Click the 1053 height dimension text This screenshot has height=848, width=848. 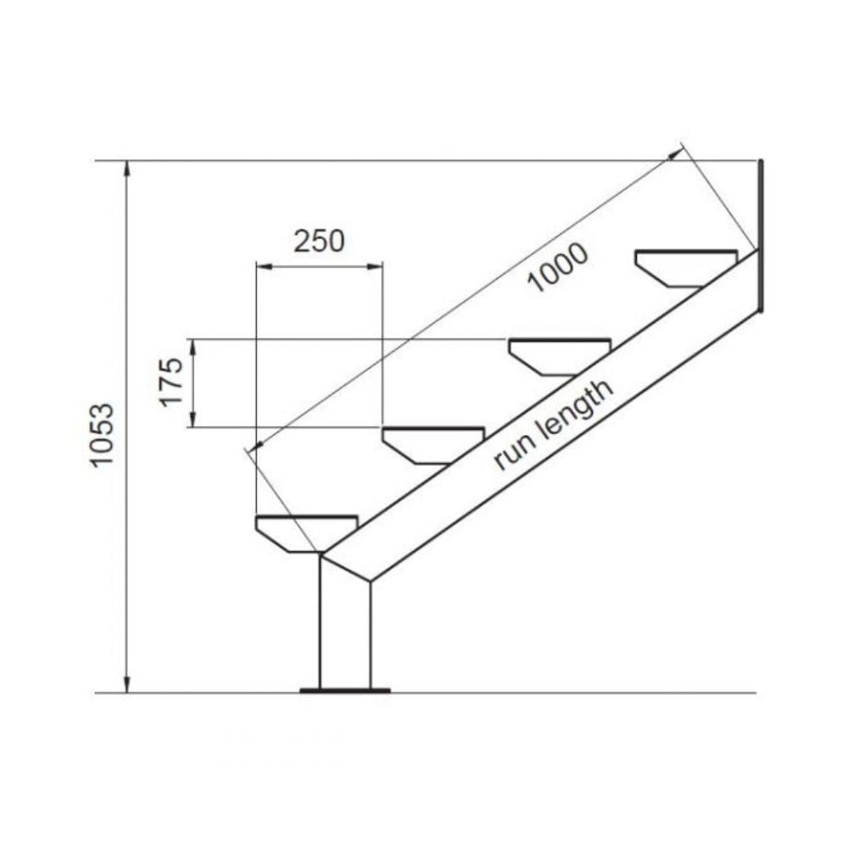coord(103,434)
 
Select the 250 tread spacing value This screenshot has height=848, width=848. coord(319,242)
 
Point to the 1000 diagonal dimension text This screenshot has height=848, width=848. coord(556,267)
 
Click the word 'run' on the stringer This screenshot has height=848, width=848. coord(511,454)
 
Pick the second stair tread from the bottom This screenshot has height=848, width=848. coord(432,444)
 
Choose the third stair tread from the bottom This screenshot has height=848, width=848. coord(560,354)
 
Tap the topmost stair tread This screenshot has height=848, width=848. coord(686,266)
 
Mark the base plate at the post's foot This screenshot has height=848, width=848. coord(345,690)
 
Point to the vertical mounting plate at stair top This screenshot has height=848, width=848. coord(762,235)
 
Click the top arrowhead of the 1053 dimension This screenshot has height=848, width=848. coord(127,167)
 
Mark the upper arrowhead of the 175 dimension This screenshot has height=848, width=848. coord(194,345)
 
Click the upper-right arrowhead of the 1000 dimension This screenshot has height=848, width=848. coord(676,153)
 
